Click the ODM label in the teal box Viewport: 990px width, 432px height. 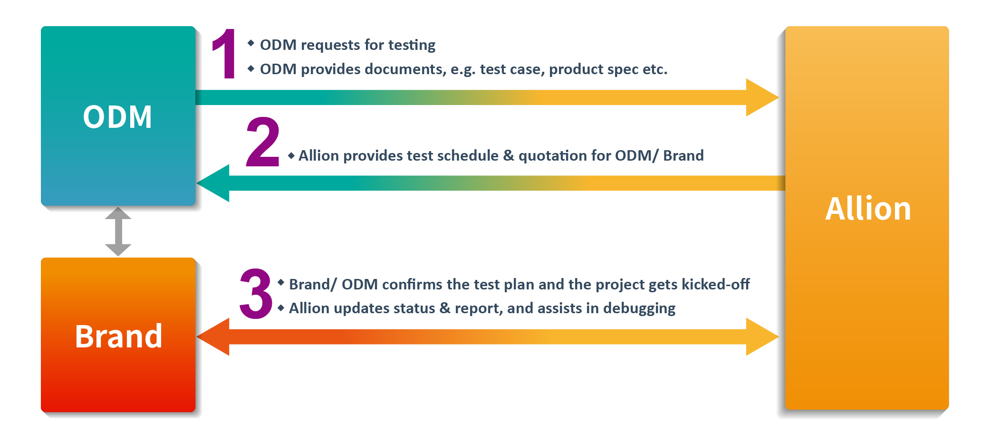coord(117,117)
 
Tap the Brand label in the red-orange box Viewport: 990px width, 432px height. coord(119,336)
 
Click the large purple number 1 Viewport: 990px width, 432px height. coord(224,53)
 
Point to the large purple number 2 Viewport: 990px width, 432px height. coord(262,142)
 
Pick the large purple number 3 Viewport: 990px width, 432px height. coord(256,293)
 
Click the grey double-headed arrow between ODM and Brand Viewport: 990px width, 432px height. coord(118,231)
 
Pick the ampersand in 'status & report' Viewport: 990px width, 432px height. coord(445,308)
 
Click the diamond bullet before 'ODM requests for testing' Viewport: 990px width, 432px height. coord(251,43)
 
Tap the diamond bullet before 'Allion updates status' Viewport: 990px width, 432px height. coord(281,307)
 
